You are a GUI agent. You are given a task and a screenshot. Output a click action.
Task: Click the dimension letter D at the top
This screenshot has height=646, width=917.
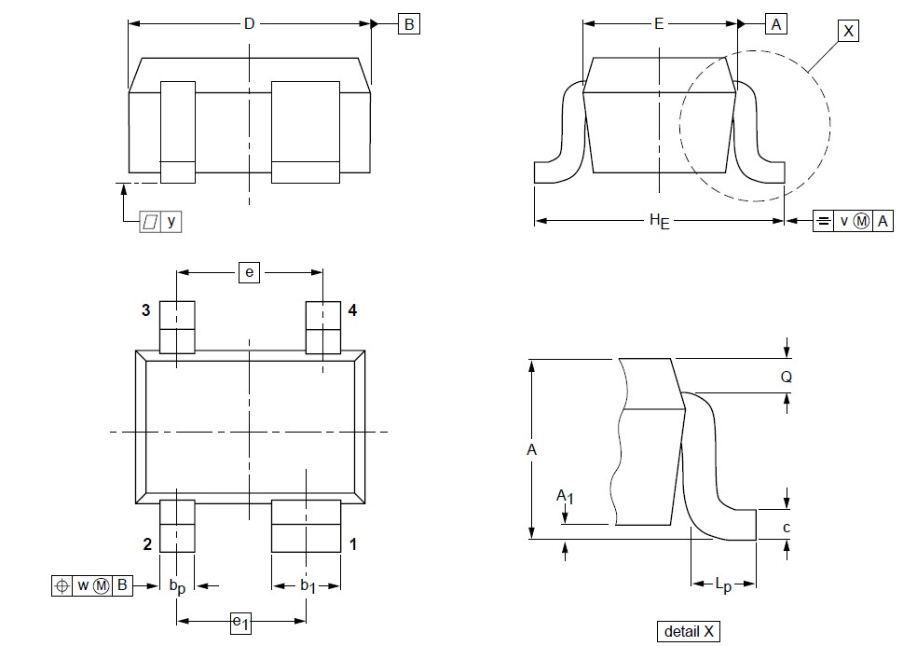click(x=249, y=24)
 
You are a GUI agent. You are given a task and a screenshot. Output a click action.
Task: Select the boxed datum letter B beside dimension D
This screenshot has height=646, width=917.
click(x=409, y=24)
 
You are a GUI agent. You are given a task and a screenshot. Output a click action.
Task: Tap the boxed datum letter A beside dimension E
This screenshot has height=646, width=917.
click(x=776, y=24)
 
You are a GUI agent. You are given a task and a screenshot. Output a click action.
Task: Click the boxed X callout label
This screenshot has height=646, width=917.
click(x=848, y=31)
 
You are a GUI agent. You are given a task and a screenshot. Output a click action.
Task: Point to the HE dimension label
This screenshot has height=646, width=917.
click(x=659, y=221)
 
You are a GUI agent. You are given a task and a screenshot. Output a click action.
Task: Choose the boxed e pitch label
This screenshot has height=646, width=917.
click(x=249, y=273)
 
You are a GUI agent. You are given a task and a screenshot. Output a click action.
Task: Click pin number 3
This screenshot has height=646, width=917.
click(x=145, y=310)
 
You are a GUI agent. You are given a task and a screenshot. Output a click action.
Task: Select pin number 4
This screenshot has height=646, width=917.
click(x=352, y=310)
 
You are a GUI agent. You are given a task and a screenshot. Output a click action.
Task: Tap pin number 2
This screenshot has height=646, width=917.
click(x=147, y=544)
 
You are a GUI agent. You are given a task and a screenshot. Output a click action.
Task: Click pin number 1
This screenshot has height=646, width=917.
click(x=353, y=544)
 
